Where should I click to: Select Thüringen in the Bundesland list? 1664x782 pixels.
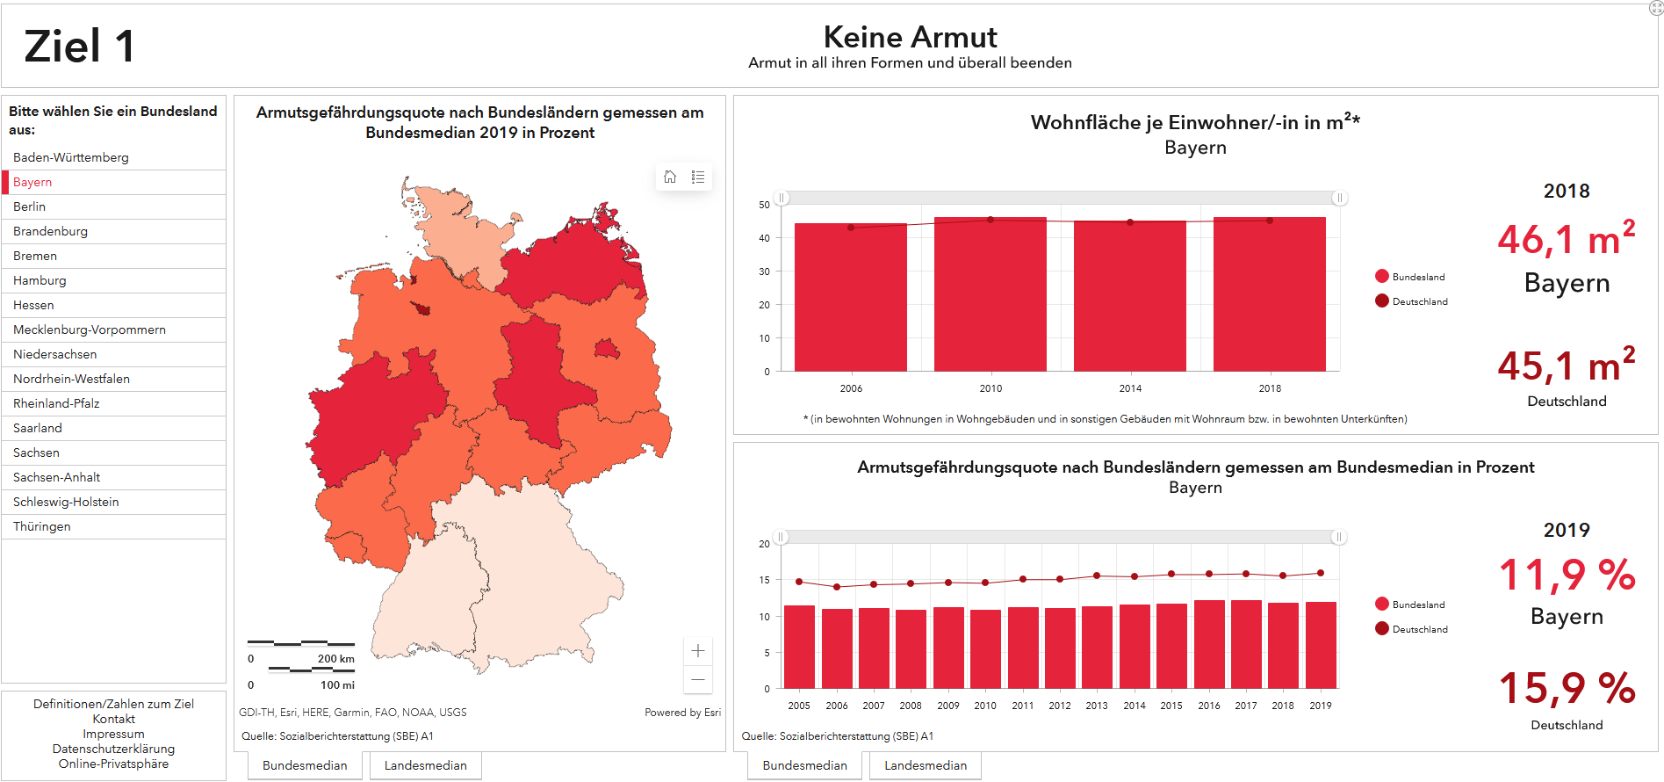click(x=42, y=526)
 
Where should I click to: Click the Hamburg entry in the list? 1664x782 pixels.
click(x=40, y=280)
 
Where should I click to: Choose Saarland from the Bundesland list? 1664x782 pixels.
click(x=38, y=428)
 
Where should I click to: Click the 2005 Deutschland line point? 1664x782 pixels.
click(x=799, y=582)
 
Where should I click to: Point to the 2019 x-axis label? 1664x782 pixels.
click(x=1321, y=706)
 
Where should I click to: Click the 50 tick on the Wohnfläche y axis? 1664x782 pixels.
click(x=764, y=205)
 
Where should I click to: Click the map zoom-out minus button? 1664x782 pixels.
click(x=698, y=679)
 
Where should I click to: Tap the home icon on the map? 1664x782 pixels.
click(x=670, y=177)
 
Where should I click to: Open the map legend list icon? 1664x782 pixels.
click(x=698, y=177)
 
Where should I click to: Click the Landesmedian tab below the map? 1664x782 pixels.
click(x=426, y=765)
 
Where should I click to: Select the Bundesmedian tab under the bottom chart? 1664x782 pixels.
click(x=805, y=765)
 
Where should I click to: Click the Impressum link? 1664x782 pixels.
click(x=114, y=734)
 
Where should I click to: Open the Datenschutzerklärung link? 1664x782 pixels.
click(x=114, y=749)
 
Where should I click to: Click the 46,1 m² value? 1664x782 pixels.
click(x=1566, y=240)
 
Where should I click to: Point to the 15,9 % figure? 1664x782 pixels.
click(x=1567, y=688)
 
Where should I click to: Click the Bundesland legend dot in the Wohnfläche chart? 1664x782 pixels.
click(x=1382, y=276)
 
